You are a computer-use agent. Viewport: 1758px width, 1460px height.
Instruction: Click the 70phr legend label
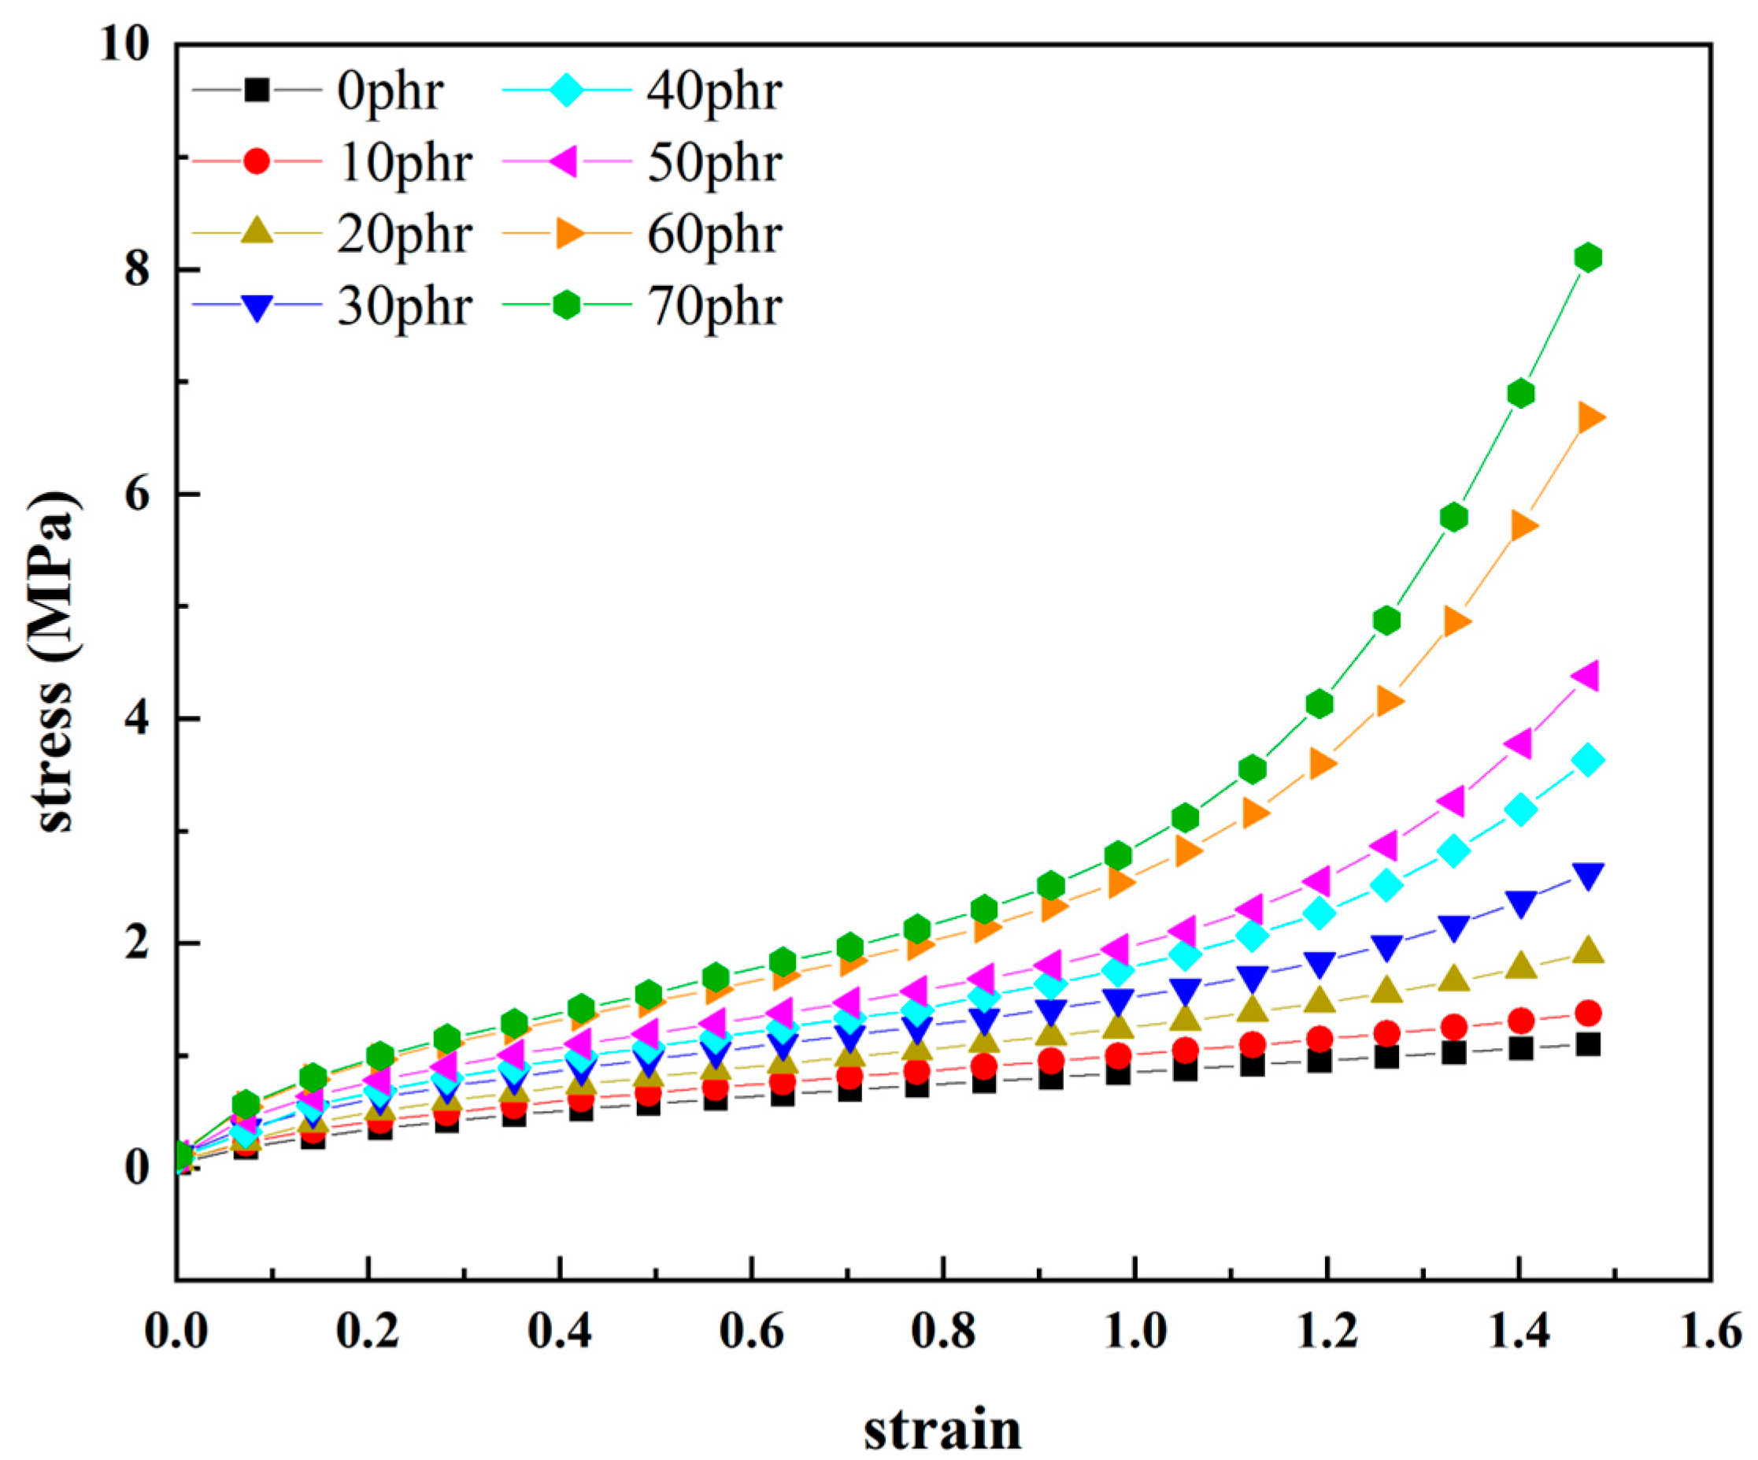tap(714, 306)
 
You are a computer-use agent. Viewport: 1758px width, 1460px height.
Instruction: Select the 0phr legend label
tap(390, 90)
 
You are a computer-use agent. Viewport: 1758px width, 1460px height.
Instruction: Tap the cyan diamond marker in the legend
tap(567, 90)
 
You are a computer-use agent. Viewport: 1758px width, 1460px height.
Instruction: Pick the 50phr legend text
tap(714, 161)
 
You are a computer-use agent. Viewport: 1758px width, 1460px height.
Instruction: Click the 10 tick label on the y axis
tap(124, 43)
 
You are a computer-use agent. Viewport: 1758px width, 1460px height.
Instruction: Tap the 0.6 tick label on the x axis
tap(751, 1331)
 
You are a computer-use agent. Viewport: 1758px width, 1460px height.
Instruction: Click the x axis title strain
tap(942, 1429)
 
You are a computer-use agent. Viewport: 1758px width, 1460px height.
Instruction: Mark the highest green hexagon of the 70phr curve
tap(1587, 257)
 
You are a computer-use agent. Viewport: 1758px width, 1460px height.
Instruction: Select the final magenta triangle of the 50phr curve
tap(1586, 675)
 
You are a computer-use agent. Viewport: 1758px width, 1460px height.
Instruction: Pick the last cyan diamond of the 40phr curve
tap(1587, 760)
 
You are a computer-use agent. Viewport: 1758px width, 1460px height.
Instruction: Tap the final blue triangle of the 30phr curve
tap(1588, 875)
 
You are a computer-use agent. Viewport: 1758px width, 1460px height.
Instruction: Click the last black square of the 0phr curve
tap(1587, 1044)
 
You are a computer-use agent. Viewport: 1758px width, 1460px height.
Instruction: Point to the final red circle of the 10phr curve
tap(1587, 1013)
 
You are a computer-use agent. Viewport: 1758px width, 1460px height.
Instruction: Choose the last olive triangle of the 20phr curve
tap(1588, 950)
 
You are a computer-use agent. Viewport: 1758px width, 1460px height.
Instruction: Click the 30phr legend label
tap(405, 306)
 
